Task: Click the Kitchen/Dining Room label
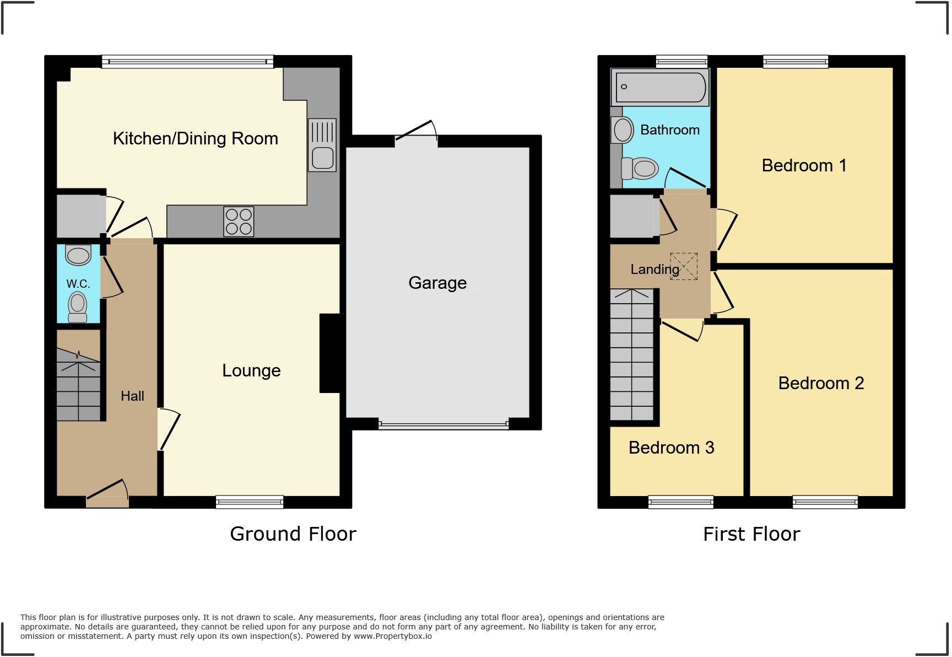click(195, 138)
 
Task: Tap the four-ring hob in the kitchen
click(239, 221)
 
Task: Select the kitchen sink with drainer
click(322, 146)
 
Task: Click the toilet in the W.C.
click(78, 307)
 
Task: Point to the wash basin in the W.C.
click(78, 255)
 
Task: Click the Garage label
click(437, 283)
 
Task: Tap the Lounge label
click(251, 370)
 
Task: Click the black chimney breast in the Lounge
click(329, 353)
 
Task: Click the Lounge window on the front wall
click(250, 502)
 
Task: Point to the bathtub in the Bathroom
click(660, 87)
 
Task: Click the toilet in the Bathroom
click(640, 168)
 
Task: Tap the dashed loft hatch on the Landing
click(684, 266)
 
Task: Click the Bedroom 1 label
click(804, 165)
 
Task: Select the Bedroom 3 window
click(681, 502)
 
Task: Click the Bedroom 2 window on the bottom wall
click(825, 502)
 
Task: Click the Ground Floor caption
click(293, 534)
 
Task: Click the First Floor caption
click(751, 534)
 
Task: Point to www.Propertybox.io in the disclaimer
click(392, 636)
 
